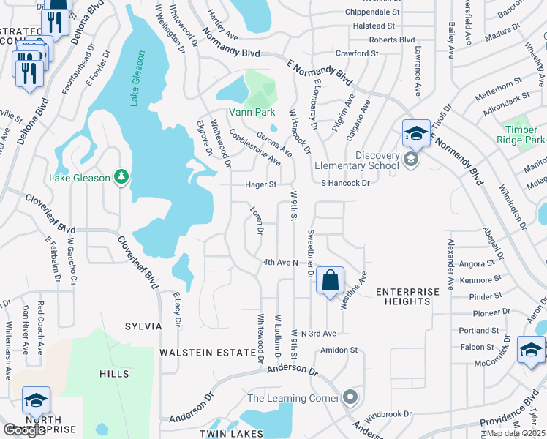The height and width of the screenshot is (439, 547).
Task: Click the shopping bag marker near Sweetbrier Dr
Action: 331,280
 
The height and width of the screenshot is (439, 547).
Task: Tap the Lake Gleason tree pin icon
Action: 121,177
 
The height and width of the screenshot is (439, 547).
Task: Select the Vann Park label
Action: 252,112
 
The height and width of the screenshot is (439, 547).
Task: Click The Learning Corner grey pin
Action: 351,398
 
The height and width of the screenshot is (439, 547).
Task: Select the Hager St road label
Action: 260,185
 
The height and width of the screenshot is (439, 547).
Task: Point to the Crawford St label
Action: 356,53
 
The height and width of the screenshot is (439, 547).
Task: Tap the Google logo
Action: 24,430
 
